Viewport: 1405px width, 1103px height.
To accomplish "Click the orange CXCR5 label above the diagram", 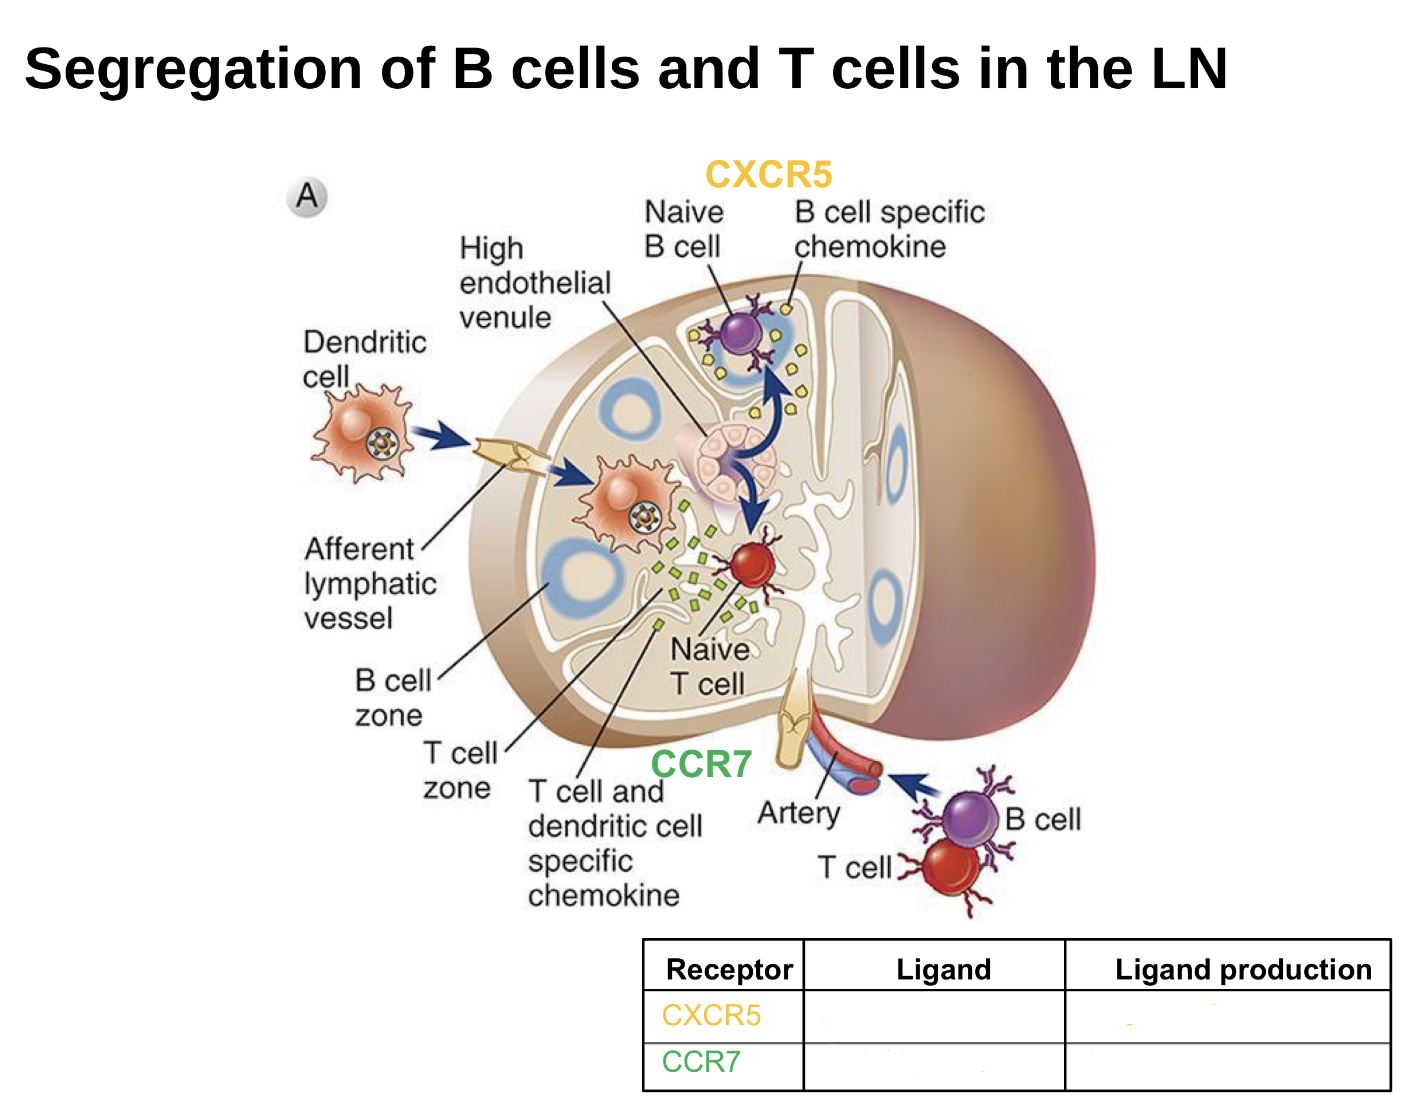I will tap(768, 175).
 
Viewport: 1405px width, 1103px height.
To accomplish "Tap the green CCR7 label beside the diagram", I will tap(701, 765).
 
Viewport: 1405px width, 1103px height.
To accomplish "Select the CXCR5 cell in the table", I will tap(712, 1016).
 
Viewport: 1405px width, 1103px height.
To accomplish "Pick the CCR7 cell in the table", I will tap(701, 1062).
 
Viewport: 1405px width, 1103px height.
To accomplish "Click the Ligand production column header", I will tap(1243, 969).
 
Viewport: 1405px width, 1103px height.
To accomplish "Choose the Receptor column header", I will tap(729, 969).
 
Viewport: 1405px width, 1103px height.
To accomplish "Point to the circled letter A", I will tap(307, 196).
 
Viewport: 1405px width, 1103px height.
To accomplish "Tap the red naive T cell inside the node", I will tap(751, 566).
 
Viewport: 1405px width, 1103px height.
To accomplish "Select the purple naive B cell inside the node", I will tap(741, 333).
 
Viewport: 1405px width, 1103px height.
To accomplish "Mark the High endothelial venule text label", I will tap(534, 283).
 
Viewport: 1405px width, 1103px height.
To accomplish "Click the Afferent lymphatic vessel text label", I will tap(370, 583).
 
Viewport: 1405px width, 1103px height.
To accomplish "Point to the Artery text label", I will tap(798, 813).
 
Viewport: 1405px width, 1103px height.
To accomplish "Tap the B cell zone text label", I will tap(392, 698).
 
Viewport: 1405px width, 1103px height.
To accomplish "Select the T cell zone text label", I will tap(459, 770).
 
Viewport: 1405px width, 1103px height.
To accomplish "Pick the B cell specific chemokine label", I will tap(889, 229).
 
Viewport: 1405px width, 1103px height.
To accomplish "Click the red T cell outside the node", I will tap(949, 866).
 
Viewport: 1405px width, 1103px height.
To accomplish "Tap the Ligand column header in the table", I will tap(943, 969).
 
